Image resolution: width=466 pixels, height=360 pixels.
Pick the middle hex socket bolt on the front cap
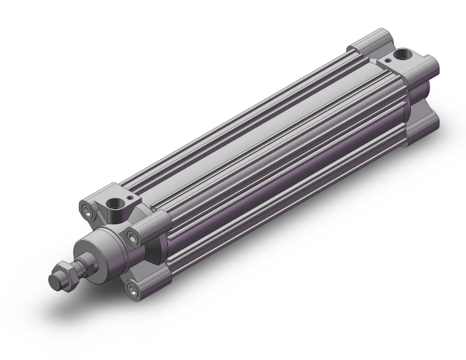[133, 236]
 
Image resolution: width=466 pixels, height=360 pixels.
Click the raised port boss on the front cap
[119, 213]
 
